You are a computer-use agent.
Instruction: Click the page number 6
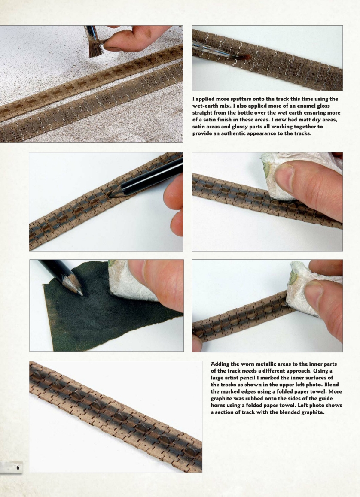(18, 467)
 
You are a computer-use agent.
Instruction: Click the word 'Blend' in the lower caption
(332, 385)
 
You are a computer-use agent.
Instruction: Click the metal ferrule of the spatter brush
(92, 34)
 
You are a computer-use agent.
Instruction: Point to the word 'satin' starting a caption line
(200, 127)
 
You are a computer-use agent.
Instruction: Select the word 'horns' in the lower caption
(219, 406)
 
